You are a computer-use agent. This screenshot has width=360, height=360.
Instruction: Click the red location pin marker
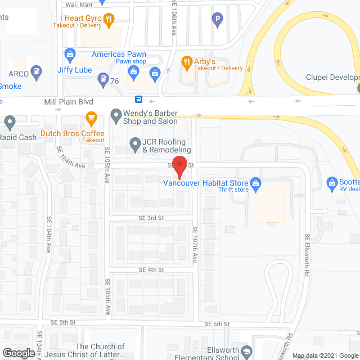coord(179,166)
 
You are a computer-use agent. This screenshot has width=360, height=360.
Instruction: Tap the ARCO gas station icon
coord(37,72)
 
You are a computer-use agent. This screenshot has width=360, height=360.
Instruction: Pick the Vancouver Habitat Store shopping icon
coord(255,183)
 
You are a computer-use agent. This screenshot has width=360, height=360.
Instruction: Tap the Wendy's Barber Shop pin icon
coord(116,116)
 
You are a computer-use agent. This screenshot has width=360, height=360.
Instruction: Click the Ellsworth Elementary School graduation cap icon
coord(246,353)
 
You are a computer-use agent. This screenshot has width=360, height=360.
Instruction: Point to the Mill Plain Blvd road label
coord(68,102)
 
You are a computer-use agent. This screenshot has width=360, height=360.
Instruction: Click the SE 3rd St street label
coord(152,218)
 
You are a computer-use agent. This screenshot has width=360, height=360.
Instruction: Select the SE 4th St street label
coord(152,270)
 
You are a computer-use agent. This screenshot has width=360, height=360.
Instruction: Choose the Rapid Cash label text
coord(19,137)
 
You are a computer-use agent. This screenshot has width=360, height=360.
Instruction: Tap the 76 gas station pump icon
coord(103,78)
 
